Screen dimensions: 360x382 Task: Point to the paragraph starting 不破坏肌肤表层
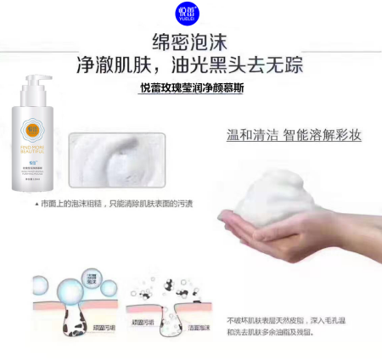pos(288,327)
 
